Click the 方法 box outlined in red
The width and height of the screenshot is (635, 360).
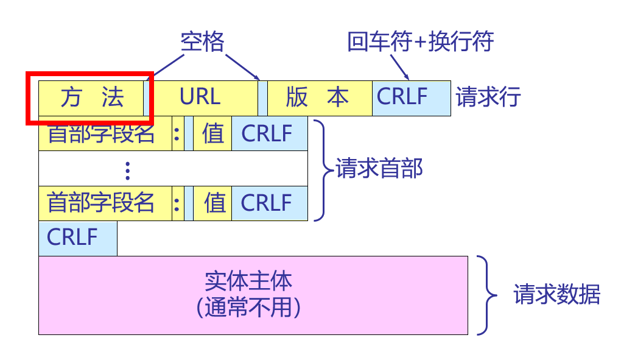pyautogui.click(x=91, y=98)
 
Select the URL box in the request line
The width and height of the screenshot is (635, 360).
pyautogui.click(x=201, y=97)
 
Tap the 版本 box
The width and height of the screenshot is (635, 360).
pyautogui.click(x=317, y=98)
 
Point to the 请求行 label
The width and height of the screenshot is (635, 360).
pyautogui.click(x=488, y=97)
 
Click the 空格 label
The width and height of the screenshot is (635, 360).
pyautogui.click(x=203, y=42)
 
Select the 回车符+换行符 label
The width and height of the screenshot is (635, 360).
pyautogui.click(x=420, y=42)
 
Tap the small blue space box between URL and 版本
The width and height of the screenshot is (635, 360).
pyautogui.click(x=262, y=98)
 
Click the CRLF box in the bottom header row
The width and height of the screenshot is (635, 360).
pyautogui.click(x=268, y=203)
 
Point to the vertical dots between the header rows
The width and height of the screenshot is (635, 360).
pyautogui.click(x=127, y=170)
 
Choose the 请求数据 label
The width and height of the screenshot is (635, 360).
pyautogui.click(x=557, y=295)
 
